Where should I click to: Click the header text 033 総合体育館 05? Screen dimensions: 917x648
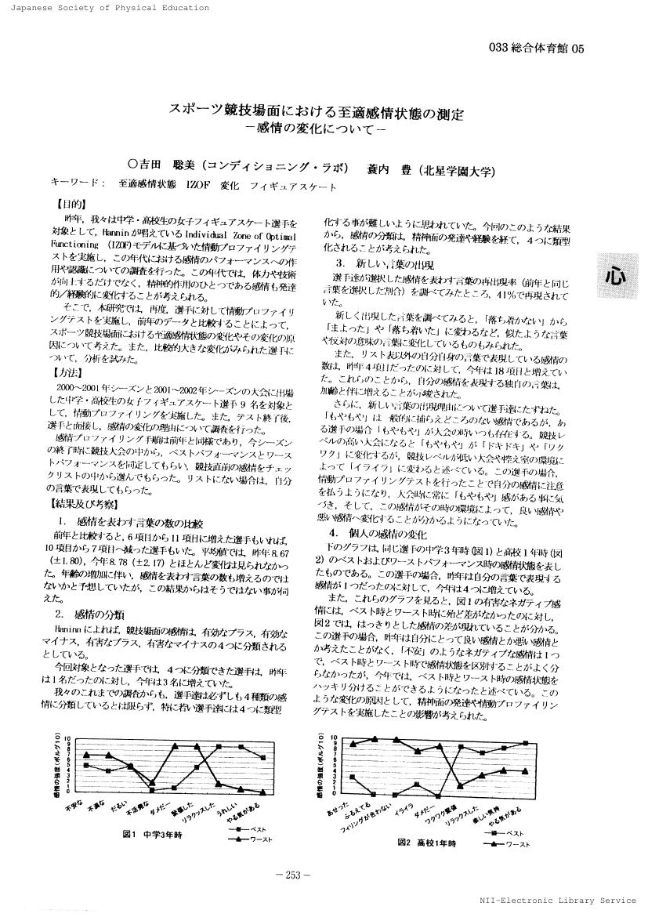coord(536,49)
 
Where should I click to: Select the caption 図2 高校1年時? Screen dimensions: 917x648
coord(425,843)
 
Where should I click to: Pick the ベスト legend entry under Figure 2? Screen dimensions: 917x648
coord(510,832)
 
